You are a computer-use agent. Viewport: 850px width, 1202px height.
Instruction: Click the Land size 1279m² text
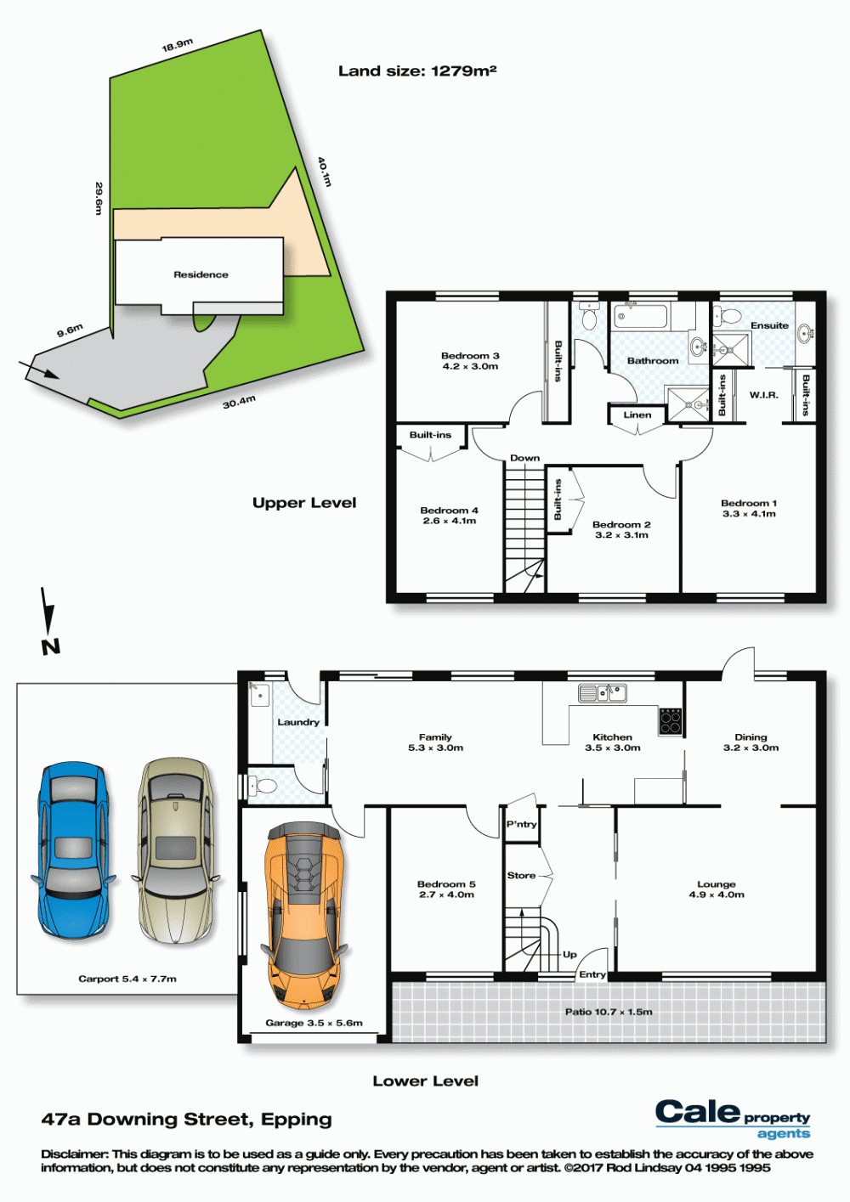coord(417,71)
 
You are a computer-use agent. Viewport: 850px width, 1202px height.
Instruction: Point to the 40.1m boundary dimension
coord(325,172)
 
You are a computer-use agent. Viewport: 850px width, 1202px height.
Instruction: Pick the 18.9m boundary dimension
coord(177,45)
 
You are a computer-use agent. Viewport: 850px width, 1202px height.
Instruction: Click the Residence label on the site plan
coord(201,274)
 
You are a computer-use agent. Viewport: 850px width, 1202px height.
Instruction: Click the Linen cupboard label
coord(637,415)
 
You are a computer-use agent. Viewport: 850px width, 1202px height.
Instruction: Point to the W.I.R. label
coord(763,395)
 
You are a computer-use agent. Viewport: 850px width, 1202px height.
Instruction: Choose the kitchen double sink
coord(603,693)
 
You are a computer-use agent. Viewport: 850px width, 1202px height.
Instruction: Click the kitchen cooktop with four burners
coord(671,721)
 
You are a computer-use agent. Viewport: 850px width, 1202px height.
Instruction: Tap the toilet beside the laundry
coord(262,787)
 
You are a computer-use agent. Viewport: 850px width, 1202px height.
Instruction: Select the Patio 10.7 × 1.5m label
coord(609,1012)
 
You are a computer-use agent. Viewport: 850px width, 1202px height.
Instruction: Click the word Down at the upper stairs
coord(524,458)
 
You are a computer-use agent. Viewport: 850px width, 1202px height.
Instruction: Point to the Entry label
coord(592,974)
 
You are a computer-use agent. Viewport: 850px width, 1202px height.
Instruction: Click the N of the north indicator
coord(51,647)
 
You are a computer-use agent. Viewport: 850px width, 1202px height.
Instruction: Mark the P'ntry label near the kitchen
coord(521,824)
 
